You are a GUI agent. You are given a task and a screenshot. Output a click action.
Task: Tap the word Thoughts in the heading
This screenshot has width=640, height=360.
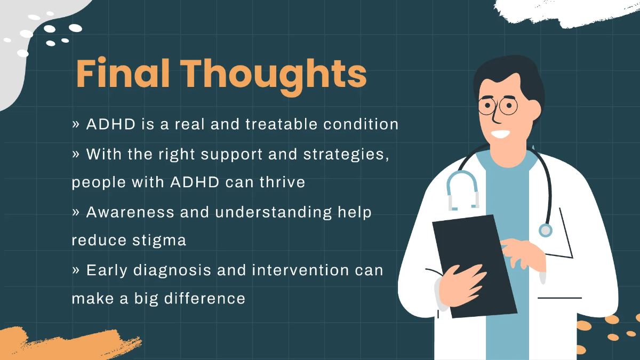point(276,75)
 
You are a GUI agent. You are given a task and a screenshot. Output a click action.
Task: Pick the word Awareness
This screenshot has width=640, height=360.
point(130,212)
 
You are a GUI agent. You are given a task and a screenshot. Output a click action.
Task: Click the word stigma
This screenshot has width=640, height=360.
point(158,241)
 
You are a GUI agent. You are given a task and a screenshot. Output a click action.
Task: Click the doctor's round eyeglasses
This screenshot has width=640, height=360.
point(497,106)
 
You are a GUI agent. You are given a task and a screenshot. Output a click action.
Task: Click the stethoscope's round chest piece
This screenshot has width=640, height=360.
point(545,230)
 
